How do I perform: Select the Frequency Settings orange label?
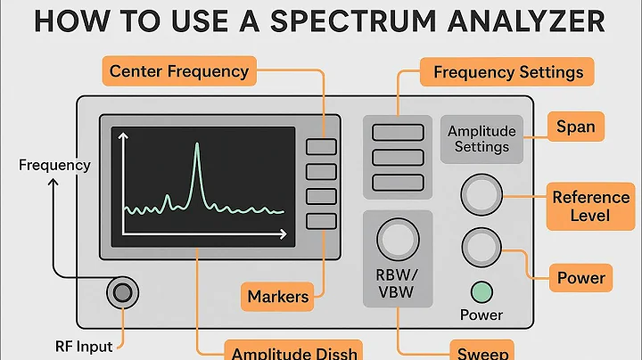click(507, 71)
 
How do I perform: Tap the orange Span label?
click(575, 127)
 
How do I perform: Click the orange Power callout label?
click(580, 278)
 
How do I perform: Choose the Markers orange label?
click(277, 296)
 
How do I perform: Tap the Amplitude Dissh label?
click(293, 350)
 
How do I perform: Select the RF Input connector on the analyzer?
click(122, 292)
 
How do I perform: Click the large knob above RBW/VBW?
click(398, 239)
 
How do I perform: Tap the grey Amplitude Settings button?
click(481, 139)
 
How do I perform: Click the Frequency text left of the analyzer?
click(54, 165)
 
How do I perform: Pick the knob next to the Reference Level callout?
click(481, 193)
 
